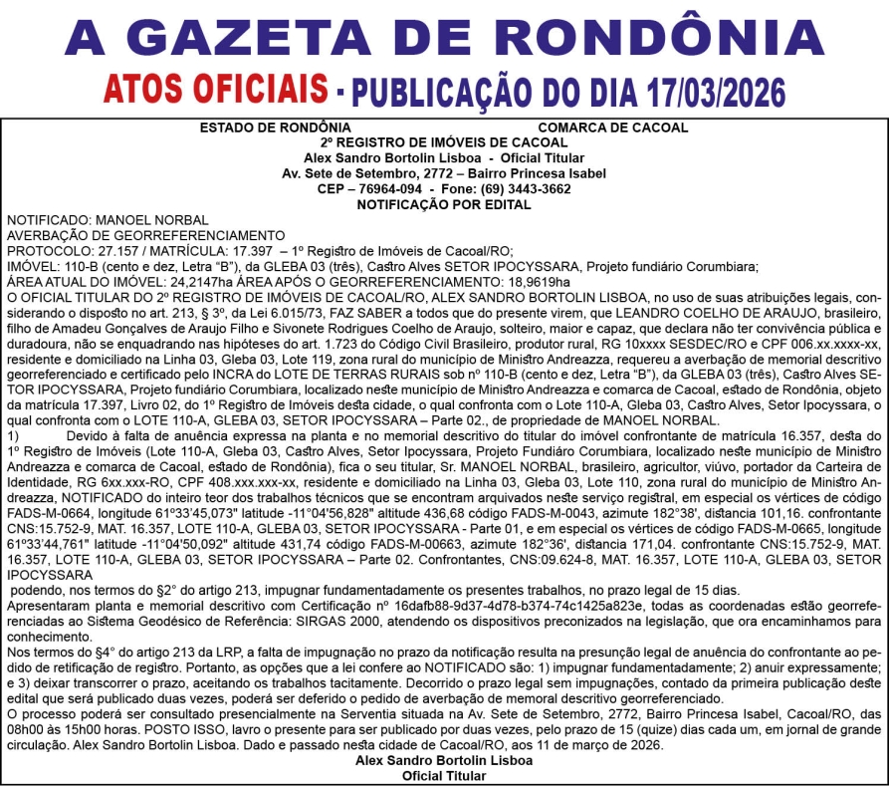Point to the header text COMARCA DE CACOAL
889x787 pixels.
click(x=612, y=128)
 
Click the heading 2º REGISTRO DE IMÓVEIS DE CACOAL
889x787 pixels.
click(x=444, y=142)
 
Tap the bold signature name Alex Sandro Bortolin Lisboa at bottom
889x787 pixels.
click(x=444, y=759)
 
